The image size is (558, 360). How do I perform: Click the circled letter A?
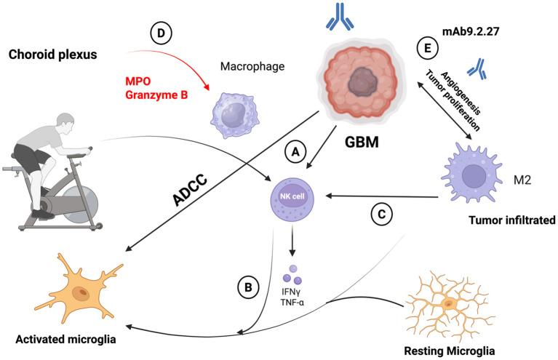point(295,151)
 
